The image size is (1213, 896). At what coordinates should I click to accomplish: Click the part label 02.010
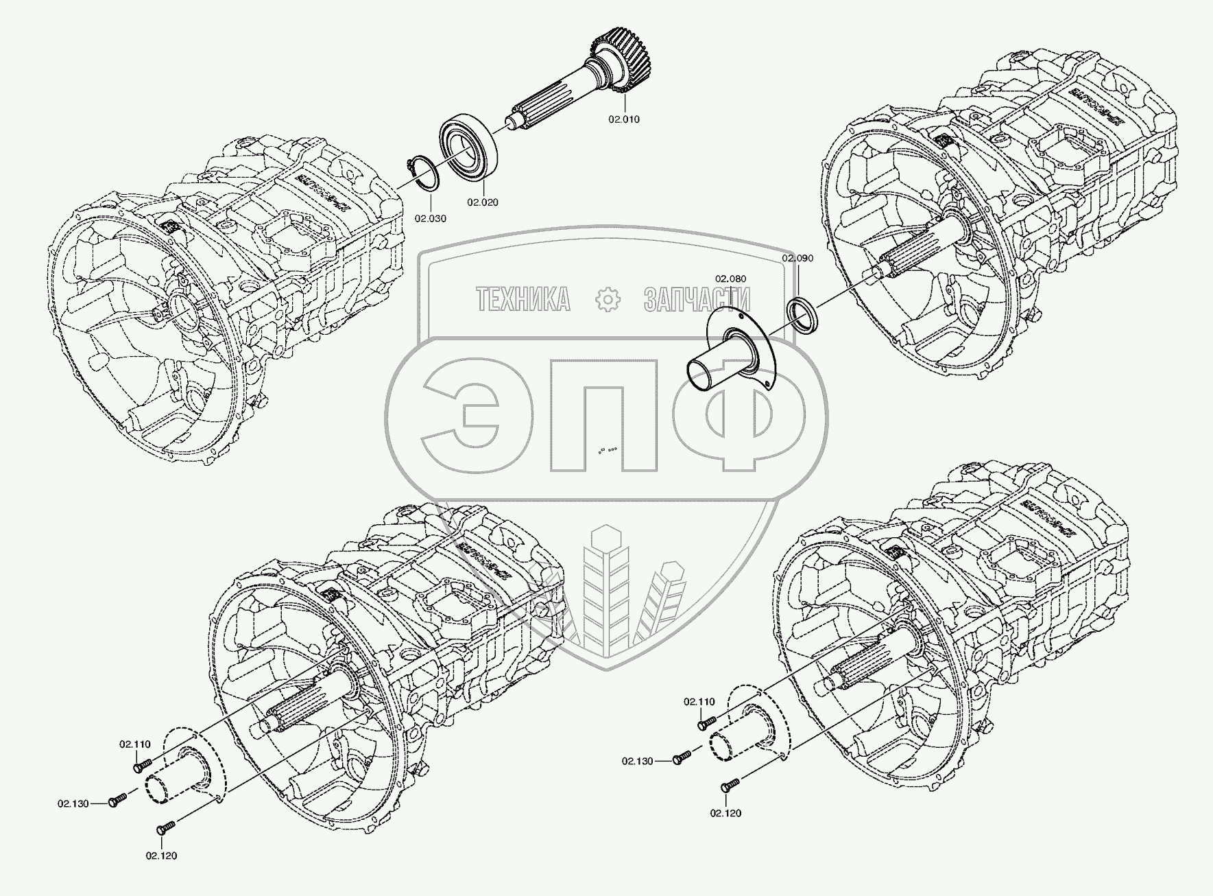point(642,119)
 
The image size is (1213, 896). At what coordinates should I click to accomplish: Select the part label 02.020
point(483,202)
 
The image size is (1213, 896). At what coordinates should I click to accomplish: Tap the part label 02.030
point(430,219)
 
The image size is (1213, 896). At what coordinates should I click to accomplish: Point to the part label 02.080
point(730,279)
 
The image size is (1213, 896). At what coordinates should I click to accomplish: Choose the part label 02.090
point(797,258)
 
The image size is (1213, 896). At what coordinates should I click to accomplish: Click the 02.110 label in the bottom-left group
point(134,744)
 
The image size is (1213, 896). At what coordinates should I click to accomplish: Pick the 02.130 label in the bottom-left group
point(73,803)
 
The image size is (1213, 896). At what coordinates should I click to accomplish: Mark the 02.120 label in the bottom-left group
point(161,856)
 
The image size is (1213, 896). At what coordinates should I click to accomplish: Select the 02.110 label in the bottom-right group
point(699,702)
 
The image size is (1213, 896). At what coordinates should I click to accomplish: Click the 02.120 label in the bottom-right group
point(725,813)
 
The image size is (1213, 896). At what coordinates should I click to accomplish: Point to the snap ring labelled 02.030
point(418,171)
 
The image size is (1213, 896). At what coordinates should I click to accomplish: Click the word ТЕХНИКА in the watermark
point(523,300)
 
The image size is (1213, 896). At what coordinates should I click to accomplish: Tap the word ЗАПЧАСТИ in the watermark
point(697,300)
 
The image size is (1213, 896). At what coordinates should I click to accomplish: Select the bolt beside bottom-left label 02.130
point(118,800)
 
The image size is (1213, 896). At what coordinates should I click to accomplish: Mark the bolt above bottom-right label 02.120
point(731,784)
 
